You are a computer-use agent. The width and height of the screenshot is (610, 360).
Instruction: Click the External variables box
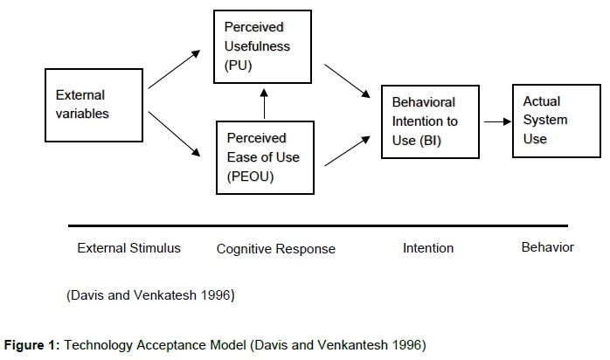coord(94,105)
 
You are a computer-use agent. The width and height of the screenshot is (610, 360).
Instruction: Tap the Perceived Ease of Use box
coord(266,158)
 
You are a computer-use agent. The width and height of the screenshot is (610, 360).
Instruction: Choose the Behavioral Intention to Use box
coord(430,121)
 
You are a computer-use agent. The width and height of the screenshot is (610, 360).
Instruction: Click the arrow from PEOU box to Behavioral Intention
coord(346,150)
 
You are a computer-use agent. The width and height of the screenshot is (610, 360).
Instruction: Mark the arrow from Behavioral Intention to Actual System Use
coord(496,121)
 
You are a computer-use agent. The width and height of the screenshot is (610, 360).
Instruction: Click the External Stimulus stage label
coord(129,248)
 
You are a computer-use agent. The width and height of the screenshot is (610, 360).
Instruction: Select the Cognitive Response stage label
coord(275,249)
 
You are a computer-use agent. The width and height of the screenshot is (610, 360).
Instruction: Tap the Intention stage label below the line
coord(428,248)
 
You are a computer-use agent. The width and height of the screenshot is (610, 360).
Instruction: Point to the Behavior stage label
coord(547,247)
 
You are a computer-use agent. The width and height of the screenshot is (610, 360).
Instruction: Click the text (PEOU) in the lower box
coord(250,177)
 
